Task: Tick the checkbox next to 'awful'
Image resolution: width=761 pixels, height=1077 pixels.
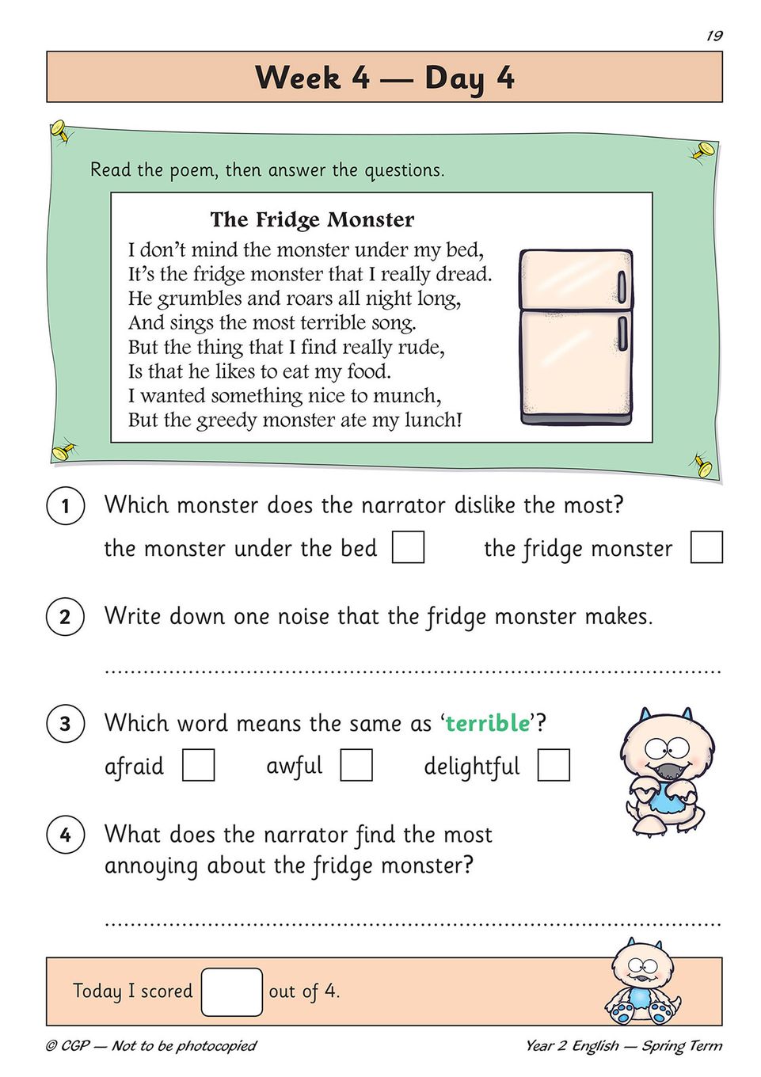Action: pos(356,764)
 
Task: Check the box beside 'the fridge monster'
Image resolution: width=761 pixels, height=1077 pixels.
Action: pos(706,546)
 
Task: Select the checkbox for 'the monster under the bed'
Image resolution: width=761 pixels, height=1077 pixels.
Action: pos(408,546)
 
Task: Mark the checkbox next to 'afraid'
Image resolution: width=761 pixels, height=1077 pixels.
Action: pos(199,764)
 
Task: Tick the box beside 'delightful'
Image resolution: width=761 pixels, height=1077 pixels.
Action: pos(554,764)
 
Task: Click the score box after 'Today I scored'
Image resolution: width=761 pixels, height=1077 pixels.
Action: pos(232,992)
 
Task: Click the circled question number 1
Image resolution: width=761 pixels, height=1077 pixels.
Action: pos(66,506)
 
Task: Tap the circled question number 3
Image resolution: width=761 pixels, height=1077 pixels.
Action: pos(66,724)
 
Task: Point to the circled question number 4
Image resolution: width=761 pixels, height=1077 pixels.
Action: pos(66,835)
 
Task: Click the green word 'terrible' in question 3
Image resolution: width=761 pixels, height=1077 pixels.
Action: pos(488,723)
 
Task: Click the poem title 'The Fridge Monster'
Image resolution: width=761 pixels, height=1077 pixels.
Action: pos(312,219)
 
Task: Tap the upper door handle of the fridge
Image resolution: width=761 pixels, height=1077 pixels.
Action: pos(621,287)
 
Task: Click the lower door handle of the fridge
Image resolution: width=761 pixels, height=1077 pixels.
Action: pos(622,333)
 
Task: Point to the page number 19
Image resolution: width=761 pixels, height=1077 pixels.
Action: pos(714,36)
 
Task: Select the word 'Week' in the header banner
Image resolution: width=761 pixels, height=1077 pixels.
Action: pos(298,77)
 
